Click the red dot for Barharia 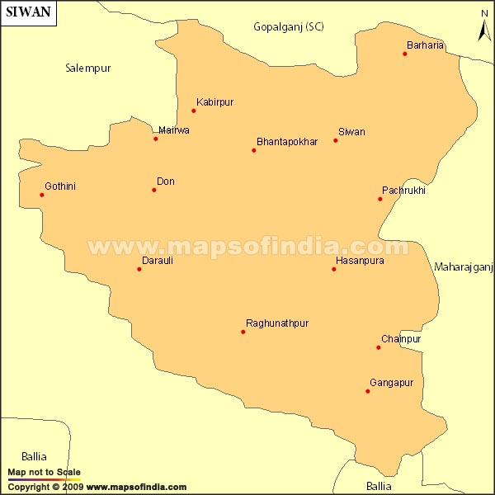pyautogui.click(x=405, y=54)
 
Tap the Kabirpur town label pyautogui.click(x=215, y=102)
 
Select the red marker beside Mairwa pyautogui.click(x=156, y=139)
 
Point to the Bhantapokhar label pyautogui.click(x=287, y=142)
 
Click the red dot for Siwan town pyautogui.click(x=336, y=140)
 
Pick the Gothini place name pyautogui.click(x=60, y=186)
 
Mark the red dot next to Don pyautogui.click(x=154, y=191)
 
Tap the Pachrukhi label pyautogui.click(x=403, y=191)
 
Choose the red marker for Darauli pyautogui.click(x=139, y=269)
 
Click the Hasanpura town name pyautogui.click(x=360, y=261)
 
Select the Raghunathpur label pyautogui.click(x=277, y=323)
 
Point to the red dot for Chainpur pyautogui.click(x=379, y=347)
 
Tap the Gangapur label pyautogui.click(x=391, y=383)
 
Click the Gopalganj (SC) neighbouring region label pyautogui.click(x=289, y=27)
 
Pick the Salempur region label pyautogui.click(x=88, y=68)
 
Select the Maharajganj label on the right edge pyautogui.click(x=464, y=266)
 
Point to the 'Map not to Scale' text pyautogui.click(x=45, y=473)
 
